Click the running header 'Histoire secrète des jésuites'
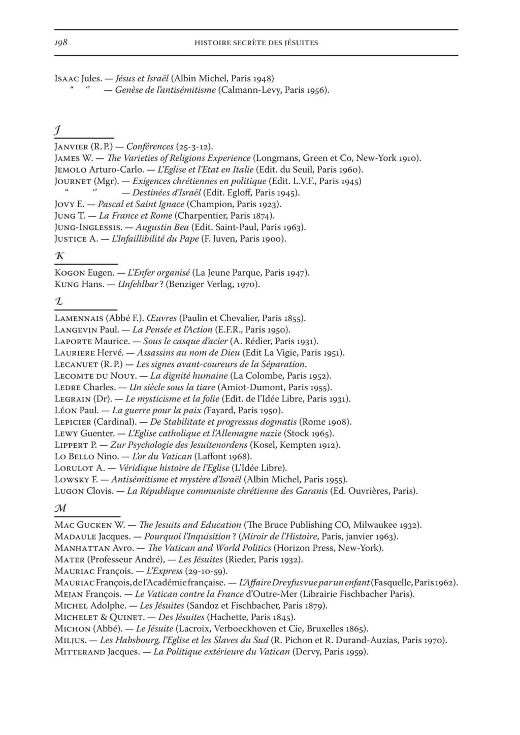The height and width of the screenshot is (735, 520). click(x=256, y=43)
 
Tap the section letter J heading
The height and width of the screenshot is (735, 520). click(x=58, y=131)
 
